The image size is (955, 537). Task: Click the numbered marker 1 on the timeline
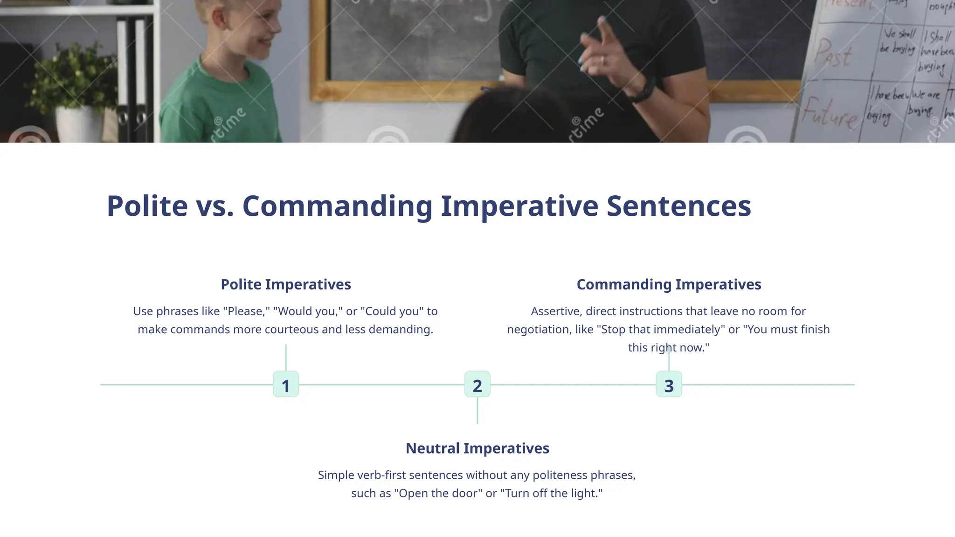click(x=285, y=385)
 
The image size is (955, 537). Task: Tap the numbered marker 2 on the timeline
click(x=477, y=385)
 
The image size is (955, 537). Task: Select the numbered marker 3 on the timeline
click(x=669, y=385)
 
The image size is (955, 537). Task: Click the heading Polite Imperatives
click(x=285, y=284)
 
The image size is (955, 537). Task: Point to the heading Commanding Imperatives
click(x=669, y=284)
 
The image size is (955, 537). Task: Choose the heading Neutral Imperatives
click(x=477, y=448)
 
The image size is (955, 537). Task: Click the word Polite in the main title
click(x=147, y=206)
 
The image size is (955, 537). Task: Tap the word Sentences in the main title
click(x=678, y=206)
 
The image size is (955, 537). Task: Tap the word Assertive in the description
click(x=556, y=311)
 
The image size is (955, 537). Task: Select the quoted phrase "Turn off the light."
click(x=551, y=493)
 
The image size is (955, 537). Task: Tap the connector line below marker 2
click(x=477, y=410)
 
